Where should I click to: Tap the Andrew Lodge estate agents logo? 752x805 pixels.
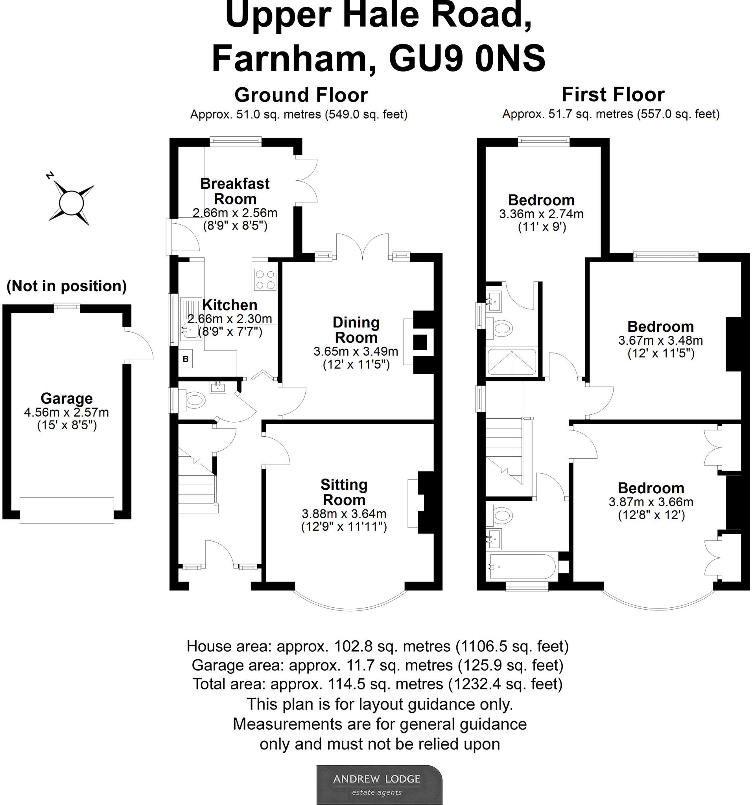[379, 784]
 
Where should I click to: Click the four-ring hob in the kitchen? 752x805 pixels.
[265, 280]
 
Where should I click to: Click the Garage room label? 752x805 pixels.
[66, 399]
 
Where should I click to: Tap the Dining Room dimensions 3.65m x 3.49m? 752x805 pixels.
[356, 351]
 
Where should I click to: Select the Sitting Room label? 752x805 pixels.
[344, 492]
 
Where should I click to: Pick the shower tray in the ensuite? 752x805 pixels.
[512, 362]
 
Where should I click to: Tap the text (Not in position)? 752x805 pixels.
[66, 286]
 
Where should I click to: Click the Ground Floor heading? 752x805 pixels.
[301, 95]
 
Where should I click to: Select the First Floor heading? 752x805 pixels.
[613, 95]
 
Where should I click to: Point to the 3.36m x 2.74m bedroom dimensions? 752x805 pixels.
[541, 214]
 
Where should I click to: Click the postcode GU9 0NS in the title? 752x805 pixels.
[467, 59]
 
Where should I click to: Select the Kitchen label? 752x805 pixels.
[229, 305]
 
